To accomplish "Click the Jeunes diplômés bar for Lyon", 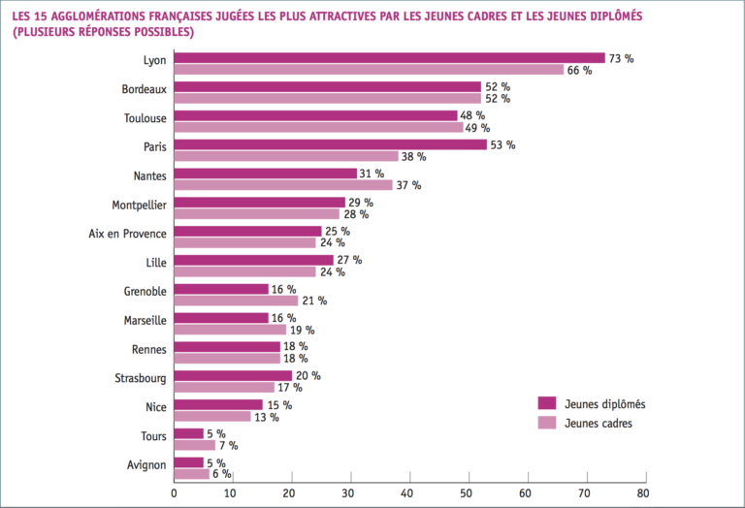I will coord(389,58).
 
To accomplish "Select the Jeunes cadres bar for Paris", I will coord(286,156).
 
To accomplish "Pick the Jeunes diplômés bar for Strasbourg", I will coord(233,375).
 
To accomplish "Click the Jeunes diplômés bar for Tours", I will coord(188,433).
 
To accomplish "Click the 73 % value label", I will coord(621,58).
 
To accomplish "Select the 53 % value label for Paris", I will coord(503,145).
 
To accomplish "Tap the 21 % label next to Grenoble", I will coord(314,301).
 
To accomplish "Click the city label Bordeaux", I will coord(143,88).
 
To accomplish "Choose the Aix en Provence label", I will coord(127,234).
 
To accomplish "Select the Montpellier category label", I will coord(139,205).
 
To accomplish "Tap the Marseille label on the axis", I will coord(145,321).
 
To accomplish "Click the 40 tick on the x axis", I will coord(410,492).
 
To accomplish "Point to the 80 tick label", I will coord(642,492).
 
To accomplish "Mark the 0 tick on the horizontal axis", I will coord(174,492).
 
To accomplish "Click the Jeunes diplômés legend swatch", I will coord(547,403).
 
